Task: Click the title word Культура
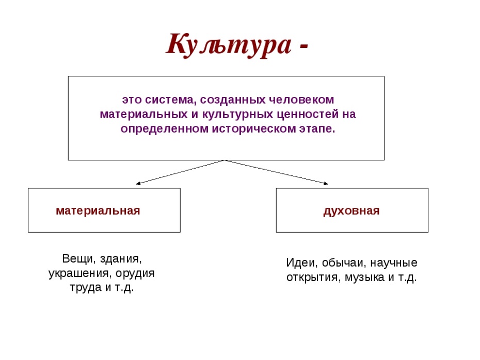point(228,45)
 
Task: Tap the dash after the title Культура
point(303,47)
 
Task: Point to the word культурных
point(237,114)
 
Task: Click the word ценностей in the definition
point(308,114)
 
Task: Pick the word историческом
point(254,129)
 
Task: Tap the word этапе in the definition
point(317,129)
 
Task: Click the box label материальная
point(98,211)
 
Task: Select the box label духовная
point(351,211)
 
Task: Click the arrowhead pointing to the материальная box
point(138,184)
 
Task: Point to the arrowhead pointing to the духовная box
point(326,184)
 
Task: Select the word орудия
point(135,273)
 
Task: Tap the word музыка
point(364,277)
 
